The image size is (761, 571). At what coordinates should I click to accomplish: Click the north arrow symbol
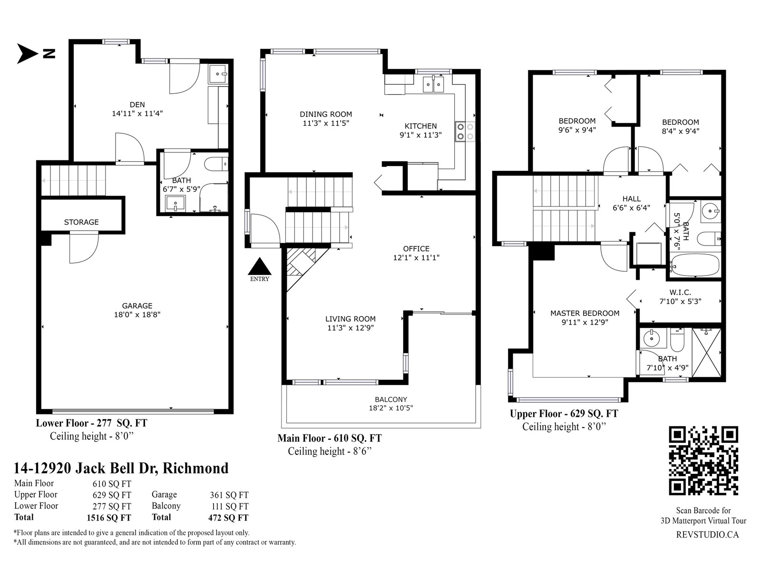27,54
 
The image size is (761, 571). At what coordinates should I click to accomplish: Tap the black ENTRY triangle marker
260,266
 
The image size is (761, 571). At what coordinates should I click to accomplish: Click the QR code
703,461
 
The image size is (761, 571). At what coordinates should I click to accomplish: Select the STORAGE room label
81,222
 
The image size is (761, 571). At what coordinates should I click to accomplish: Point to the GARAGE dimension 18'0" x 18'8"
137,315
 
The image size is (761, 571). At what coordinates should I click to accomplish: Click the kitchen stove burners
465,131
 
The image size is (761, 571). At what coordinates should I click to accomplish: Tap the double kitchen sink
433,84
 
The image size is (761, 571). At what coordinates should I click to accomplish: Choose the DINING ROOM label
326,114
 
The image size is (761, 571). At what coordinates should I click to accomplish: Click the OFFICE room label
416,248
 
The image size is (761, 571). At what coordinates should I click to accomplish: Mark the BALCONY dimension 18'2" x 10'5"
391,408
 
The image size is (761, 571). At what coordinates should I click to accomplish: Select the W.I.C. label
680,293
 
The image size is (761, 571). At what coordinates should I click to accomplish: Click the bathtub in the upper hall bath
695,265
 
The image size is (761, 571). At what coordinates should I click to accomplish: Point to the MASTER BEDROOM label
585,313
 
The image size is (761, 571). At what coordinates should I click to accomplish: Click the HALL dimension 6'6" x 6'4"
631,207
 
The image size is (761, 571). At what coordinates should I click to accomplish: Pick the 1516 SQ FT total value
109,518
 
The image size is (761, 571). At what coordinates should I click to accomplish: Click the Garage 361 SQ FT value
229,495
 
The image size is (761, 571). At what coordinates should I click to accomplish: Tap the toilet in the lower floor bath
215,164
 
